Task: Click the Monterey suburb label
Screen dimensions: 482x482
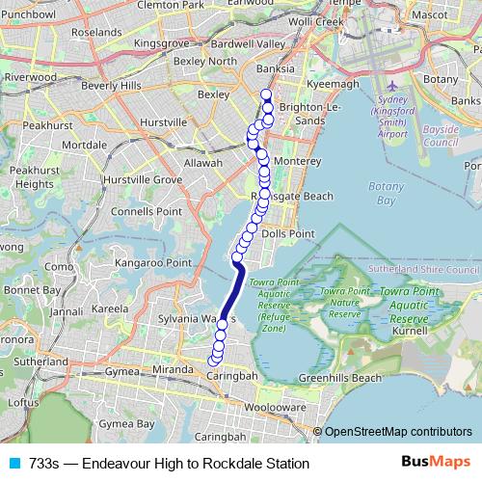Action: coord(289,161)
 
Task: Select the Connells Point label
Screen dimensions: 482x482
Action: coord(147,210)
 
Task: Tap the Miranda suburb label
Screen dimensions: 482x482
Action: coord(174,370)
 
